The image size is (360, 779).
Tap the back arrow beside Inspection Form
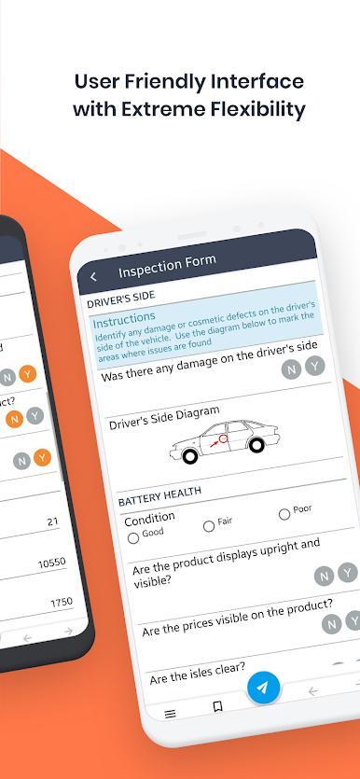coord(93,277)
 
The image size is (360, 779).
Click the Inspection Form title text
coord(167,266)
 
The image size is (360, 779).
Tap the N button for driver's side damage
coord(292,369)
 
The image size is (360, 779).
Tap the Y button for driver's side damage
coord(315,366)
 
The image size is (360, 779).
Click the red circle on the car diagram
coord(223,438)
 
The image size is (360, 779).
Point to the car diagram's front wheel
coord(189,456)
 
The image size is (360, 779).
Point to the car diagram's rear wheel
coord(256,445)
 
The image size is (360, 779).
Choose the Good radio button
coord(133,538)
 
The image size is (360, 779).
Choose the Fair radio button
coord(209,526)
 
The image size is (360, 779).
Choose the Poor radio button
coord(284,514)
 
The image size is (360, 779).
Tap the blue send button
coord(263,688)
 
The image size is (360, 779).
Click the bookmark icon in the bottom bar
coord(217,706)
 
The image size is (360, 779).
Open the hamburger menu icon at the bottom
coord(170,714)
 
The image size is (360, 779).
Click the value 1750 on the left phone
coord(62,603)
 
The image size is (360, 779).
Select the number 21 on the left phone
coord(52,522)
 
